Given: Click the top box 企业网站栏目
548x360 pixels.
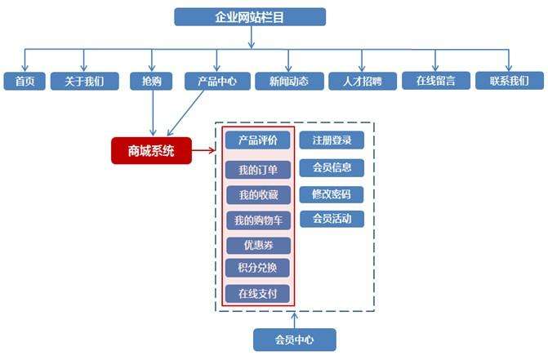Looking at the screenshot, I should click(x=250, y=17).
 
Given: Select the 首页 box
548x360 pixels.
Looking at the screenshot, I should click(x=25, y=81).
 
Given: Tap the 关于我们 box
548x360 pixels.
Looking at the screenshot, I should click(x=84, y=81).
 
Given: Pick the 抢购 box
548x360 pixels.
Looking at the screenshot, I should click(x=151, y=81).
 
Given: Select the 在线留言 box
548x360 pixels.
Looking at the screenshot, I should click(x=435, y=81).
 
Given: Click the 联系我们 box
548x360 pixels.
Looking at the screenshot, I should click(x=509, y=81).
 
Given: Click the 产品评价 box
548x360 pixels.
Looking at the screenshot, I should click(x=258, y=140).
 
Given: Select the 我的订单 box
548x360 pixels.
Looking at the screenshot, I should click(x=258, y=171).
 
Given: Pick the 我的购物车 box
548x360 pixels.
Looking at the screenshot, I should click(x=258, y=220).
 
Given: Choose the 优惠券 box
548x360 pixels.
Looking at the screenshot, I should click(x=258, y=245).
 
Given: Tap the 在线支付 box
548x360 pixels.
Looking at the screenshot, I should click(x=258, y=293).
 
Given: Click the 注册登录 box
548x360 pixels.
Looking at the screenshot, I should click(x=332, y=140).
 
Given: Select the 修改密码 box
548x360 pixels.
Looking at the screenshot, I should click(x=332, y=194).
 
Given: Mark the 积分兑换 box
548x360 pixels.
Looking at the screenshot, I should click(x=258, y=269).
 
